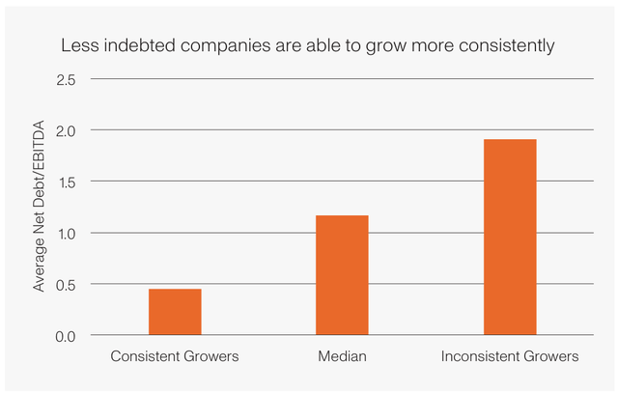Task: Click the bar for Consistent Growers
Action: tap(175, 312)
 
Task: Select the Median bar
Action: tap(342, 275)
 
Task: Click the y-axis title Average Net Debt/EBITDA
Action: tap(40, 207)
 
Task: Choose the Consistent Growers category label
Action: tap(175, 357)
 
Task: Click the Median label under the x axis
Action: tap(342, 357)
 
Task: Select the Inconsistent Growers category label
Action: tap(509, 357)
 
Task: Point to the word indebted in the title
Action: tap(136, 45)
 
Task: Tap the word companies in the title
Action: tap(222, 45)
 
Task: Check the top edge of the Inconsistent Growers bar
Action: tap(509, 140)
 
